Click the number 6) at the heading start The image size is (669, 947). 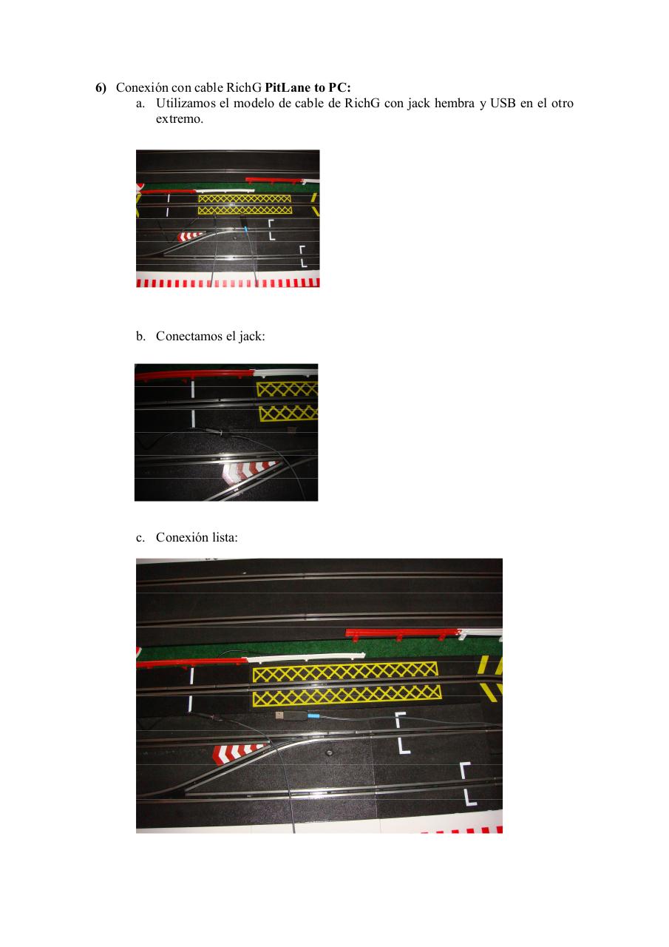(101, 88)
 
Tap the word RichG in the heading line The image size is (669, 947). (244, 87)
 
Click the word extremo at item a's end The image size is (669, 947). (180, 119)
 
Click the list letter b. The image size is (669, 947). (140, 336)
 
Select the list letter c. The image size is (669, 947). (140, 538)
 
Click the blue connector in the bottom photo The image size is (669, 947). (313, 716)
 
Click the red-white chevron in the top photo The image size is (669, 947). (191, 236)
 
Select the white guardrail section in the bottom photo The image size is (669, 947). (306, 657)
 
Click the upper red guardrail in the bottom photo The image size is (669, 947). (402, 633)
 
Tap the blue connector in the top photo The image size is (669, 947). (245, 230)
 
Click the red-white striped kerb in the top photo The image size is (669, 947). (228, 283)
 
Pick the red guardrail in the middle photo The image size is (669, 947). (194, 374)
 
